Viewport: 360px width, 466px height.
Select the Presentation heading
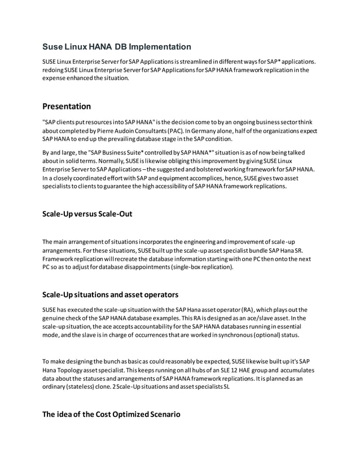click(x=67, y=106)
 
